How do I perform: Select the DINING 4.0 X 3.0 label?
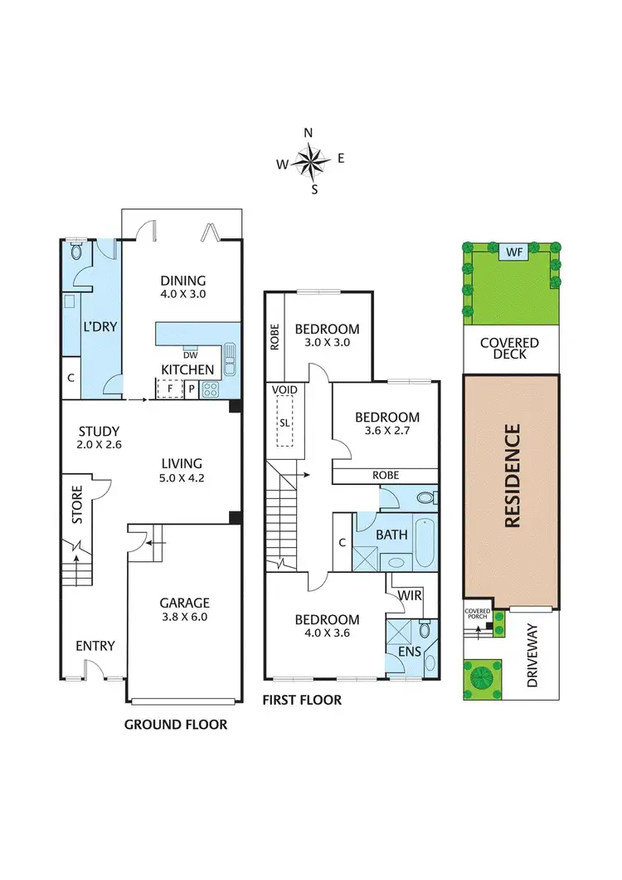click(x=182, y=287)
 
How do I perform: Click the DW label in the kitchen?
click(x=190, y=354)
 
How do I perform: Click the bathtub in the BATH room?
click(x=422, y=541)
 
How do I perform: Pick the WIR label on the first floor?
click(x=408, y=596)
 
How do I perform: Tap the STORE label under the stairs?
click(x=77, y=505)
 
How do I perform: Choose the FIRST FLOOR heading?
click(x=302, y=700)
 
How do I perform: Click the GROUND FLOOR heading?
click(x=176, y=725)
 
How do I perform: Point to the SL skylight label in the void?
click(x=284, y=422)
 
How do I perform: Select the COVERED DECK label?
click(x=510, y=349)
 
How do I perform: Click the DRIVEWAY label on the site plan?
click(x=534, y=661)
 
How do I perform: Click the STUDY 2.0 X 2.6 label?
click(x=99, y=438)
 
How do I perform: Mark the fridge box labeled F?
click(x=169, y=388)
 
